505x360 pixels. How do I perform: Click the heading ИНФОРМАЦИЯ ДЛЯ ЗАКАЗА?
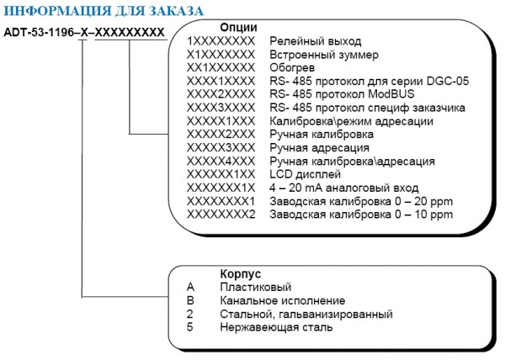tap(104, 11)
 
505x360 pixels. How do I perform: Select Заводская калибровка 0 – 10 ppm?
tap(361, 214)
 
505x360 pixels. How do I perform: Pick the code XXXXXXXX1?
tap(221, 201)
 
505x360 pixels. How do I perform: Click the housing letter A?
tap(190, 288)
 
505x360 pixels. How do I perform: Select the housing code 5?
tap(190, 327)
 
